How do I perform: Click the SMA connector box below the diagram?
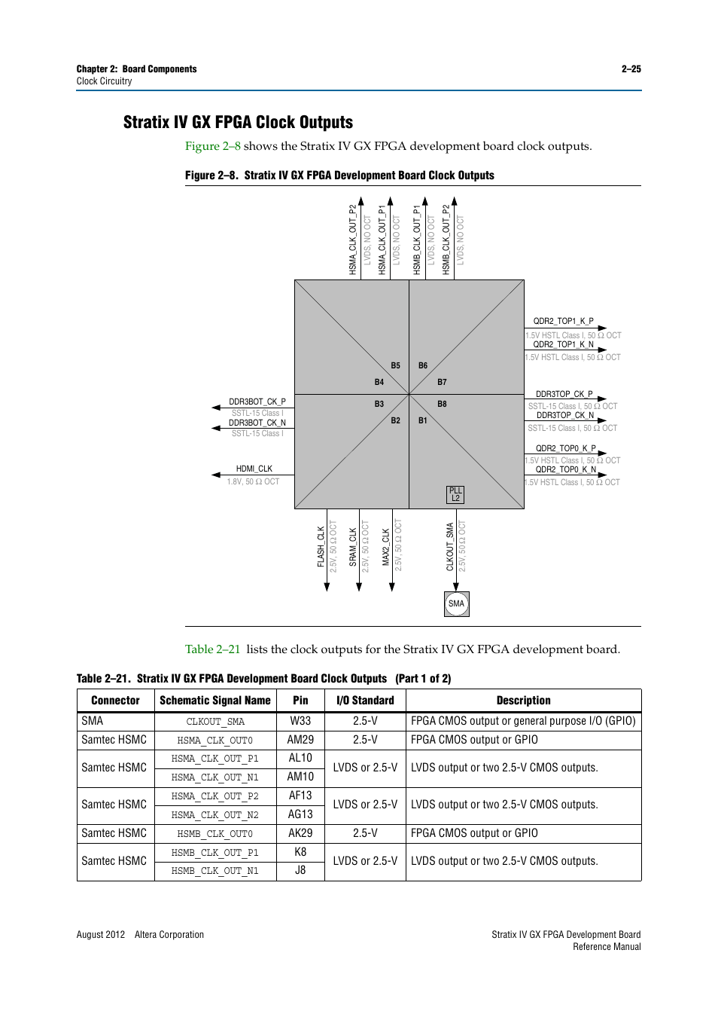click(456, 603)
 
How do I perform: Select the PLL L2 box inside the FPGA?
click(455, 494)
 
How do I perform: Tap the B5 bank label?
click(395, 365)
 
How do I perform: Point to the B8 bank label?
click(442, 404)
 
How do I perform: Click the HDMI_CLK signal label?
click(254, 469)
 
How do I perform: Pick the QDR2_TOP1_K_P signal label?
click(563, 321)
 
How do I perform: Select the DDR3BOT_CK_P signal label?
click(257, 402)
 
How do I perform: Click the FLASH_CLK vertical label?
click(321, 546)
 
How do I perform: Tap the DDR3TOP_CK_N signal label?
click(564, 415)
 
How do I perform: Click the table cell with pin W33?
click(300, 721)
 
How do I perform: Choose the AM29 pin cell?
click(300, 740)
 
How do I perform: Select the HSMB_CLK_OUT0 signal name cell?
click(214, 833)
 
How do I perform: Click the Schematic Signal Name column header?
click(214, 701)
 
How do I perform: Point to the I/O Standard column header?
click(365, 701)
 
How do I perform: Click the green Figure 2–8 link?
click(213, 146)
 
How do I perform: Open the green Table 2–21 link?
click(212, 649)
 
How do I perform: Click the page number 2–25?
click(631, 69)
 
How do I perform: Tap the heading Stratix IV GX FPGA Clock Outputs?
click(238, 122)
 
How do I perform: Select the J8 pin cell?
click(300, 870)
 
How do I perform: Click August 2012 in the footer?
click(100, 934)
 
